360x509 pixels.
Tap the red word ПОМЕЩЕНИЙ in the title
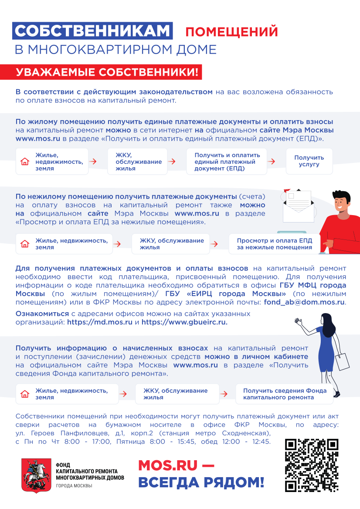point(231,32)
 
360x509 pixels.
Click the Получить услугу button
point(309,161)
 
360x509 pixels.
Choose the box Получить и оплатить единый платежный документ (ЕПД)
point(227,162)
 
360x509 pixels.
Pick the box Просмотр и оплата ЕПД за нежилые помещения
point(274,244)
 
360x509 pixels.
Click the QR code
point(312,465)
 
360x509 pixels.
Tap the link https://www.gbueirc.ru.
point(184,322)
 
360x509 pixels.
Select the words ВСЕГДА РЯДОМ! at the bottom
point(201,482)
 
